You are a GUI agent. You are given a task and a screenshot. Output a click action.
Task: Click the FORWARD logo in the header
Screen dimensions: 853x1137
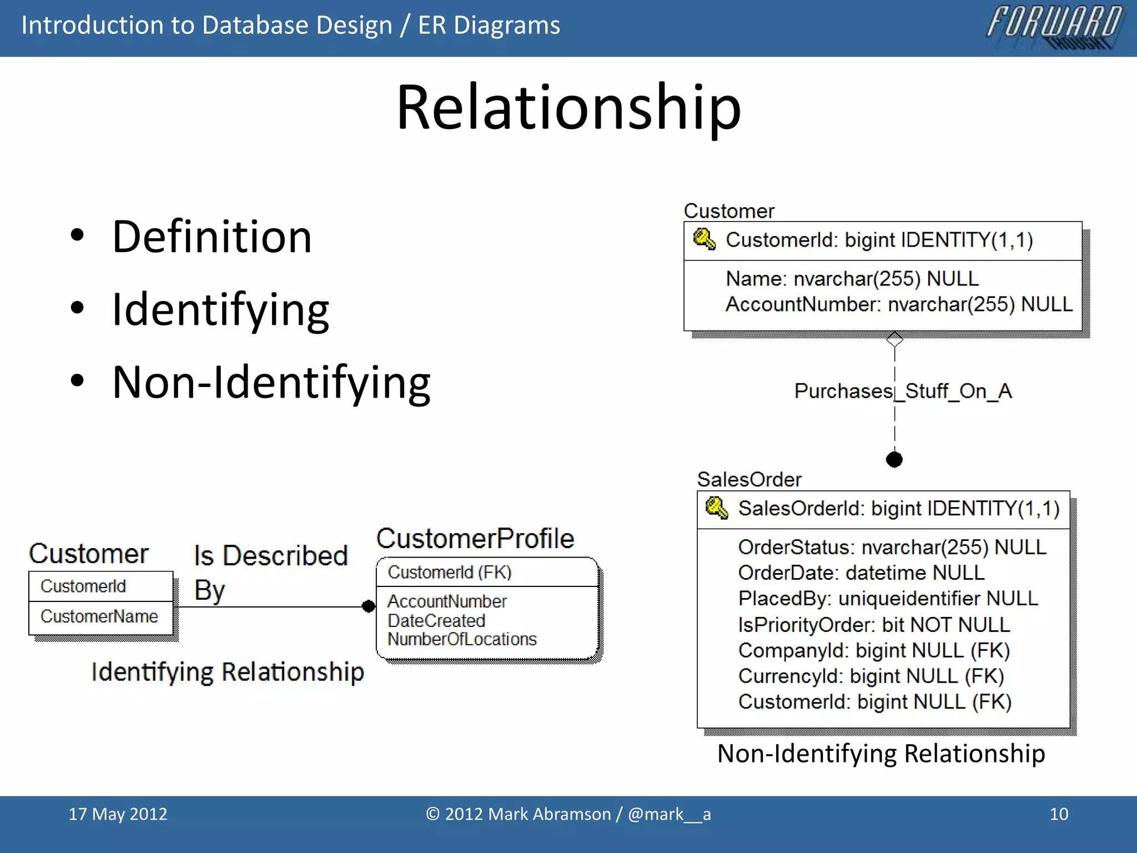pos(1055,27)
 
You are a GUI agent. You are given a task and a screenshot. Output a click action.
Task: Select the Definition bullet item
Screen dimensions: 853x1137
pos(212,237)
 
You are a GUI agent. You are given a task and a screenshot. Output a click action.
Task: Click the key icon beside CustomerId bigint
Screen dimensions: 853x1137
pos(704,239)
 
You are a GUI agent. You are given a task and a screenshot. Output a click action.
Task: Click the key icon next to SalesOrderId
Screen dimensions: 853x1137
pos(716,508)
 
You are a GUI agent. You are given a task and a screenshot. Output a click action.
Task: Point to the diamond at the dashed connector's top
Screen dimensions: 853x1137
pos(894,339)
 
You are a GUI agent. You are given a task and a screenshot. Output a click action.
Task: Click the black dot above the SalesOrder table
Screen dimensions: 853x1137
pos(894,459)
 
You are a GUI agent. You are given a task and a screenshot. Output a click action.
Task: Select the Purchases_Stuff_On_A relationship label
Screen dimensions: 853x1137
pos(903,391)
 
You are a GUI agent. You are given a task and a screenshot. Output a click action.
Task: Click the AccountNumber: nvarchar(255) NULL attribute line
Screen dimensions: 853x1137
pos(898,304)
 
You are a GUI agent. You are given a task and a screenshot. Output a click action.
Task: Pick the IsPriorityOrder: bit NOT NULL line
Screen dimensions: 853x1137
pos(873,625)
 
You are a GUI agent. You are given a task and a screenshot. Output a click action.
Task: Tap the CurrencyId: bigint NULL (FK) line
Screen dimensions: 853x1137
pos(871,676)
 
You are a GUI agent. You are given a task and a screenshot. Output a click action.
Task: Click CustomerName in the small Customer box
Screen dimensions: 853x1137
pos(99,616)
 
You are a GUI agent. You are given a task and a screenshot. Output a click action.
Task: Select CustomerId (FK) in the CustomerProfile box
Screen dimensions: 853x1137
pos(449,572)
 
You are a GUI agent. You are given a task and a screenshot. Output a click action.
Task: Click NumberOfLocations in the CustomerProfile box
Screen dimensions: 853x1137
pos(462,639)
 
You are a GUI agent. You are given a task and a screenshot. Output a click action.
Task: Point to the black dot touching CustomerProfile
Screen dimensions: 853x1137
pos(369,606)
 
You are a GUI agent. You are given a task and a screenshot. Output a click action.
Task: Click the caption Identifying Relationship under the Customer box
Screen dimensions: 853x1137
pos(228,672)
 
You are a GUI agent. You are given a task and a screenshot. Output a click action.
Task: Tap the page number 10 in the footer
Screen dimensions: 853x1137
pos(1059,814)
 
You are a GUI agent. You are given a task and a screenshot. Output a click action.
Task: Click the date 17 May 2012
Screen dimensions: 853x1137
pos(118,814)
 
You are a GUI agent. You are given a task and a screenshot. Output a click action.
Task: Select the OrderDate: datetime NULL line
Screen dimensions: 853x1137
pos(861,573)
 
